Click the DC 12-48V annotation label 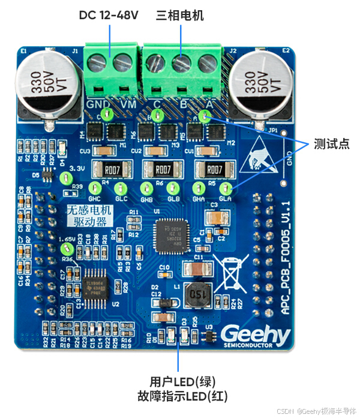coord(109,14)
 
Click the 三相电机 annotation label coord(180,14)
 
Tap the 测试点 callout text coord(331,144)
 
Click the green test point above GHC coord(95,187)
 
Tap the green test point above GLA coord(226,188)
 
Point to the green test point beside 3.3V coord(65,177)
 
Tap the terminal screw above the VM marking coord(122,61)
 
